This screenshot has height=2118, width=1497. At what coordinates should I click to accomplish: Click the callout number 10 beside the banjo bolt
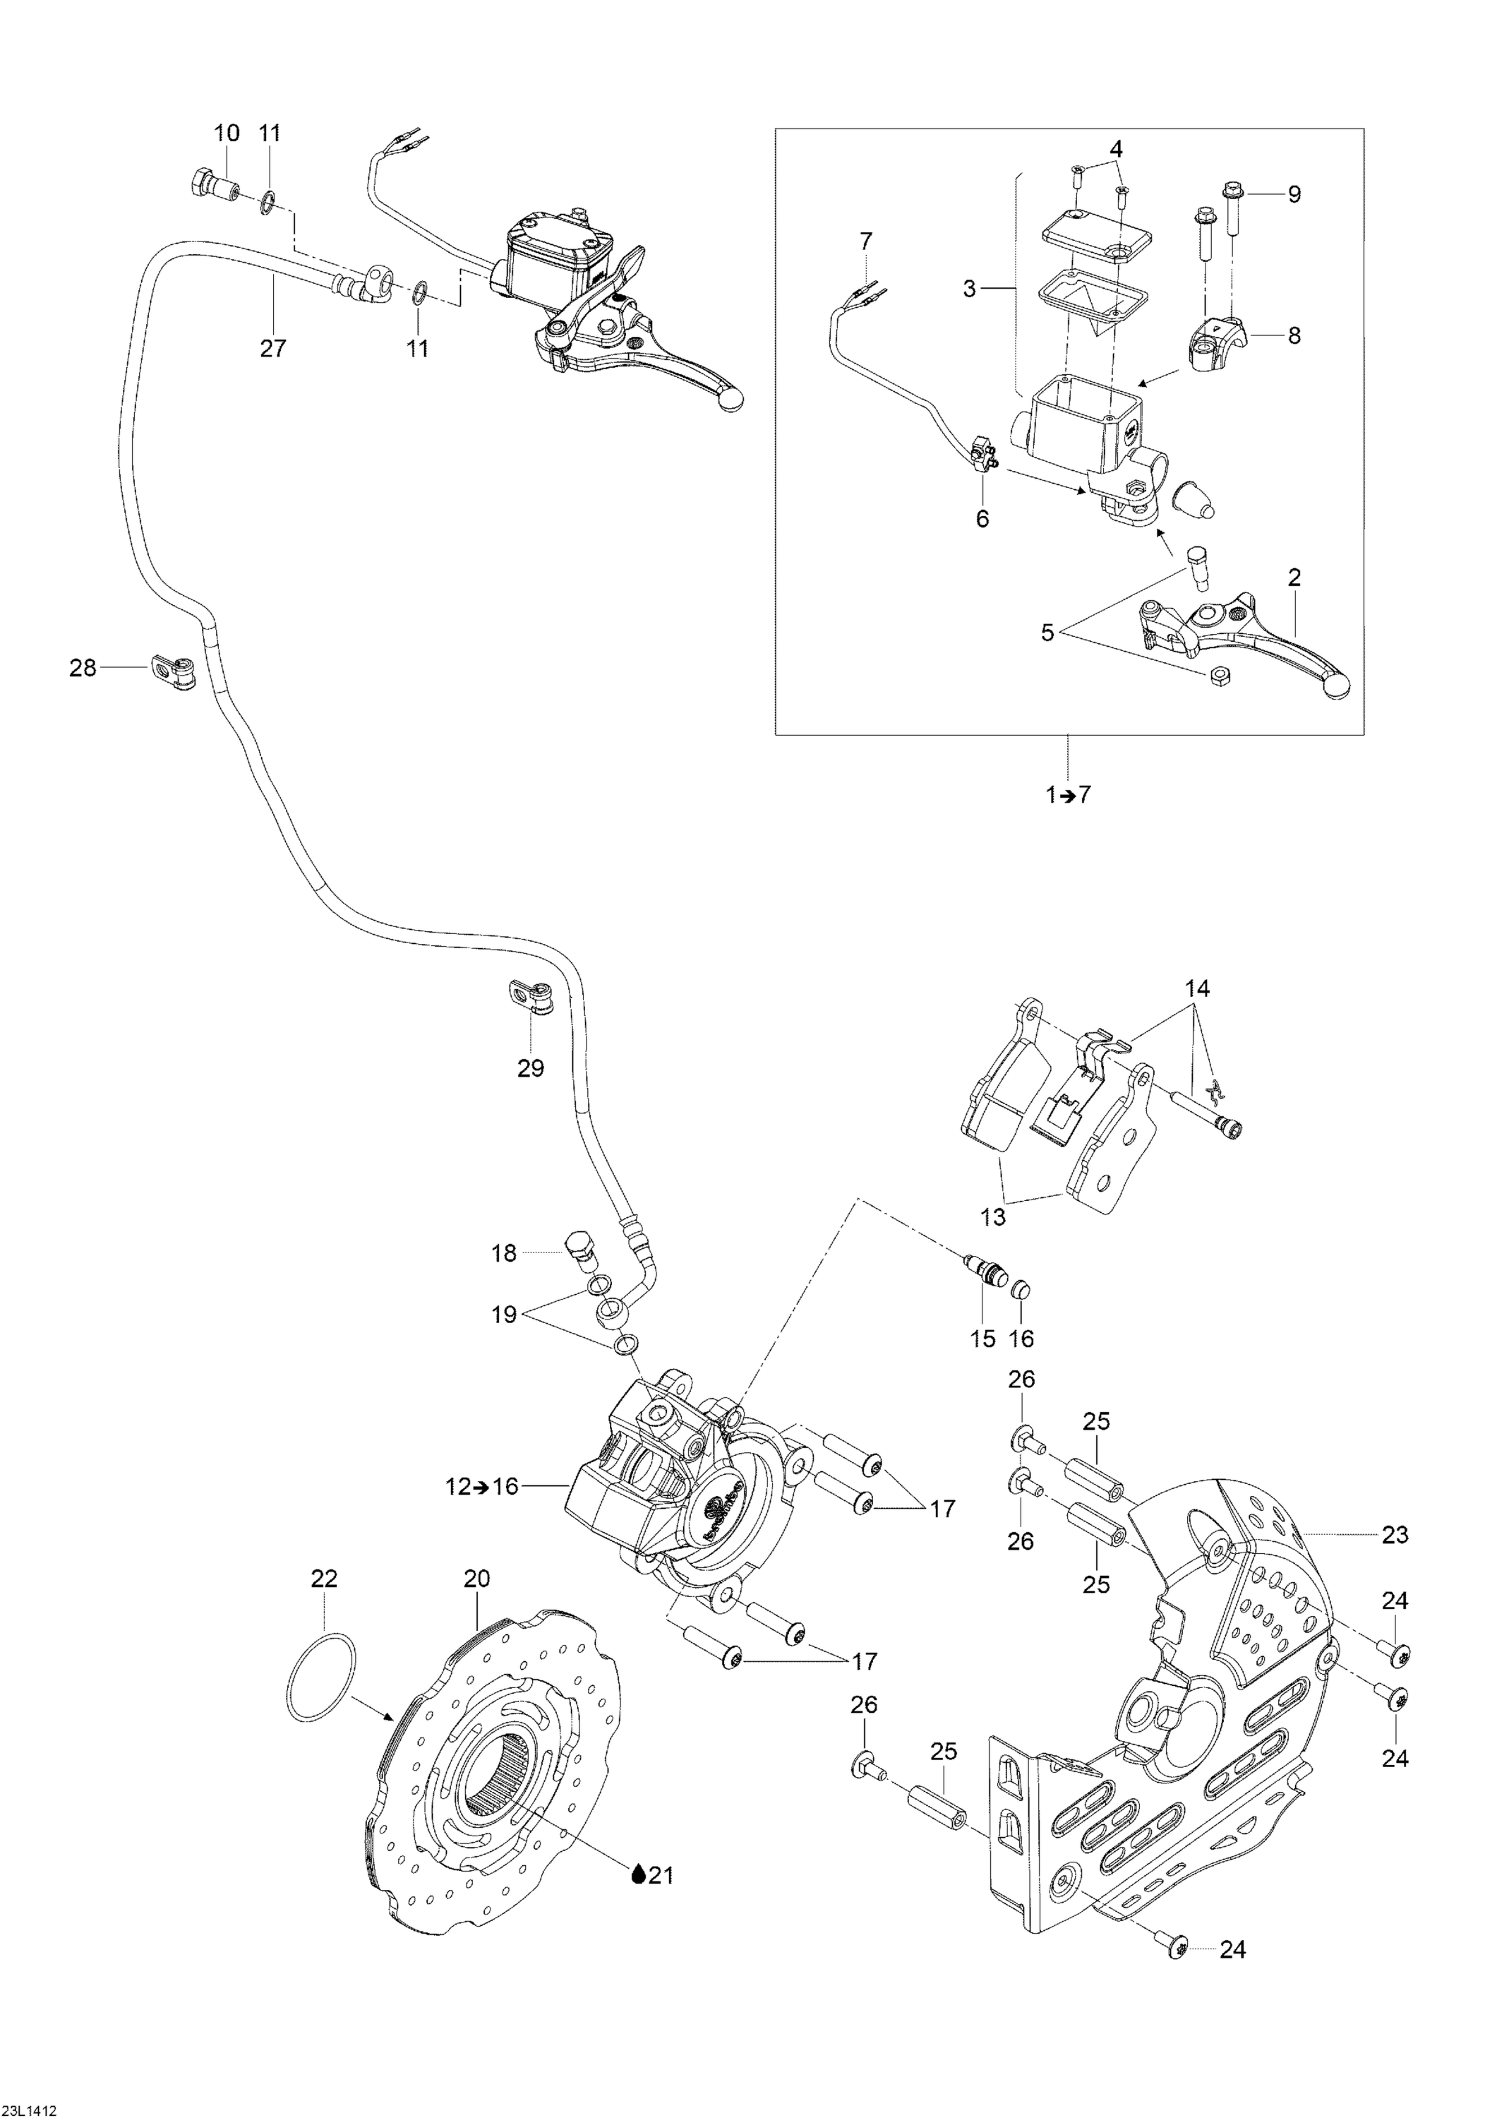click(x=226, y=133)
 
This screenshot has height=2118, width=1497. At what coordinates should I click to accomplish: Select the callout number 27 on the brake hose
click(x=273, y=348)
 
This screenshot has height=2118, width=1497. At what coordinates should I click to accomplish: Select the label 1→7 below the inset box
click(x=1068, y=794)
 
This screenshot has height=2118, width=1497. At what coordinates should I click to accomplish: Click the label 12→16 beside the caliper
click(x=494, y=1486)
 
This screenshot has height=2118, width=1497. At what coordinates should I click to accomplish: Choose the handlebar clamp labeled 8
click(x=1215, y=340)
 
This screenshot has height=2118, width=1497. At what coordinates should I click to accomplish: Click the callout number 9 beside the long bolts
click(x=1294, y=195)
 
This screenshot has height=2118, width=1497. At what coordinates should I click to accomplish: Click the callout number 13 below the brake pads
click(x=992, y=1216)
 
